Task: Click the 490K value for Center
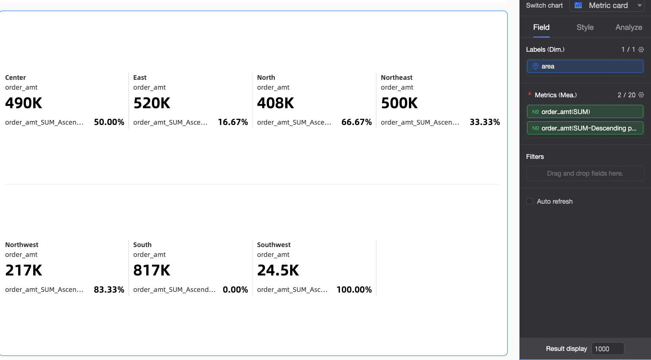click(24, 103)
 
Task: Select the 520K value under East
click(152, 103)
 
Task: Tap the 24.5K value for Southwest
click(278, 270)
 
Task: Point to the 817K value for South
click(152, 270)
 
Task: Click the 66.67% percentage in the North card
click(356, 122)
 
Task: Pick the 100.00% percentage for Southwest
click(354, 290)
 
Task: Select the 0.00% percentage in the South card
click(235, 290)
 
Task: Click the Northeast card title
click(397, 78)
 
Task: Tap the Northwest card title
click(22, 245)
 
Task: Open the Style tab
click(585, 27)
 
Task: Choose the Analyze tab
click(628, 27)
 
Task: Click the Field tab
click(541, 27)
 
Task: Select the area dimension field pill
click(585, 66)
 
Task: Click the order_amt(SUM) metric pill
click(585, 112)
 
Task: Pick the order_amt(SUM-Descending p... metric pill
click(585, 128)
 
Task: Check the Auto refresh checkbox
click(530, 201)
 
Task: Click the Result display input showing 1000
click(607, 349)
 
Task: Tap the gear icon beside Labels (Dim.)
click(641, 50)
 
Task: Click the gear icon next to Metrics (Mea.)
click(641, 95)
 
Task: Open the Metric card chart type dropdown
click(607, 5)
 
